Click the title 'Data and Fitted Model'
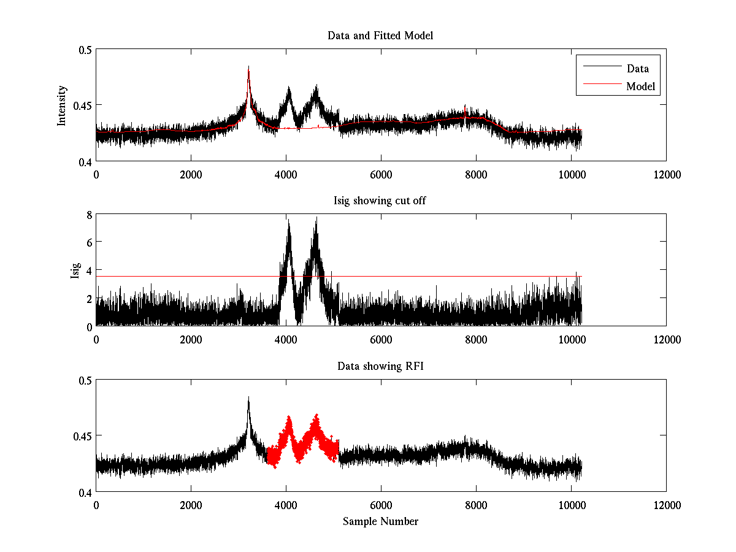380,36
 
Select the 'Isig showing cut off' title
380,201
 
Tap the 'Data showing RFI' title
380,366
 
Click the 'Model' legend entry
640,86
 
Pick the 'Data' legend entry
637,69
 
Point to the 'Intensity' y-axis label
61,105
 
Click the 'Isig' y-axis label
75,270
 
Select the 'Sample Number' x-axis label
380,521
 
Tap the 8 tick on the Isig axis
89,215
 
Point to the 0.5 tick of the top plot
85,50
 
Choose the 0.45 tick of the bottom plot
82,436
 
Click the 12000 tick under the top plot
666,174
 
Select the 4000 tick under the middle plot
286,339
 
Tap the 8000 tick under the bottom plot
476,505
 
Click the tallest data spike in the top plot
248,67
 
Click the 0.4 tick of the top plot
85,161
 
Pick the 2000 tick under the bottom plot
191,505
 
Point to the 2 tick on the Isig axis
89,299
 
